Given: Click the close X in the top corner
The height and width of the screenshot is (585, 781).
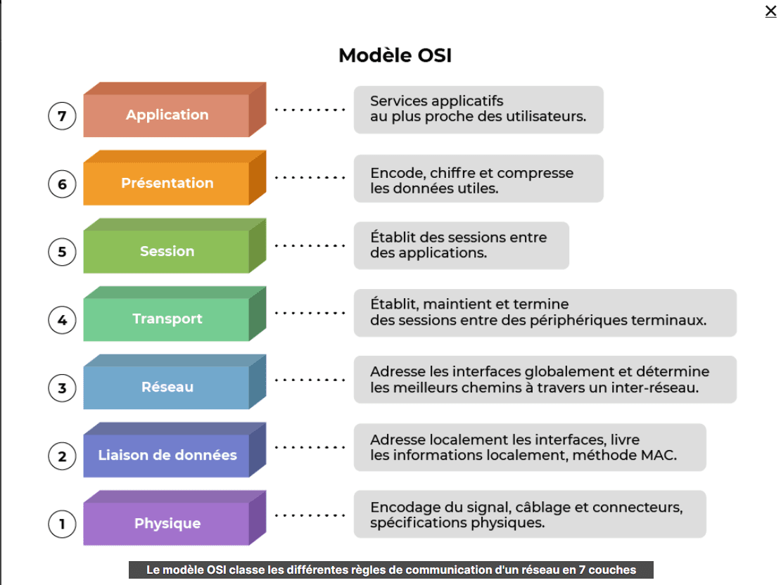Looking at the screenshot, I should [x=770, y=11].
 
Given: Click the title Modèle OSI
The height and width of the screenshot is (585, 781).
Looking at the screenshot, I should [x=395, y=55].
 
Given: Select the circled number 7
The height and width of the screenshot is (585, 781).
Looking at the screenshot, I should [x=62, y=116].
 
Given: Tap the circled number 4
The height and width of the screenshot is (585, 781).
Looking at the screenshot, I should [x=62, y=320].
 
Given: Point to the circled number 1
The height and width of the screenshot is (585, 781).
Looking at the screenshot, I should [x=62, y=524].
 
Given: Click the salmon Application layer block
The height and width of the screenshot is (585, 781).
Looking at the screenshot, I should [x=167, y=115].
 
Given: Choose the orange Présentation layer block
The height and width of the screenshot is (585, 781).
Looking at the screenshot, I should [x=167, y=183].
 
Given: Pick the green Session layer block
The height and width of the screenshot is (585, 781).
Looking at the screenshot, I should [x=167, y=251].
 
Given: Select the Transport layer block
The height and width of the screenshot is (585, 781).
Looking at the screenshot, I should [x=167, y=319].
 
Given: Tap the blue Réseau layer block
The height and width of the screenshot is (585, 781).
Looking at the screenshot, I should [x=167, y=387].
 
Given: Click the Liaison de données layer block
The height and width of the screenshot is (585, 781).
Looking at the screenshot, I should [x=167, y=455].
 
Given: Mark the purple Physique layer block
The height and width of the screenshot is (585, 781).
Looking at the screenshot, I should [x=167, y=523].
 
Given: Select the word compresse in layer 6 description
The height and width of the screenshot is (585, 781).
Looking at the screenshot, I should [x=537, y=173].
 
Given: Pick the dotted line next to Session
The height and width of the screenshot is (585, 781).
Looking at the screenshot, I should [x=310, y=245].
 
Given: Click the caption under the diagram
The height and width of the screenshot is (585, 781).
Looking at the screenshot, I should [x=391, y=570].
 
